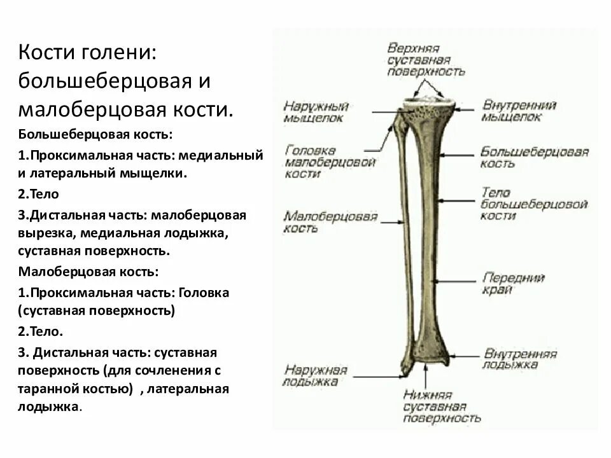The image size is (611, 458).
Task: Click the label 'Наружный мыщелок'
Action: pos(316,112)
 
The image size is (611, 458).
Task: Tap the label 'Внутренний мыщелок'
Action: pos(519,111)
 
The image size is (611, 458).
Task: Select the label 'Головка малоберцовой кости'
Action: pos(330,162)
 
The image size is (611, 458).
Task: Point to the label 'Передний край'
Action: pos(513,284)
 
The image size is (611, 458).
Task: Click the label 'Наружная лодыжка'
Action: pos(315,375)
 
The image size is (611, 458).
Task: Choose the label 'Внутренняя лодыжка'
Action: pos(520,359)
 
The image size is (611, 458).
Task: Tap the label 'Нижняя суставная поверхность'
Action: pos(442,406)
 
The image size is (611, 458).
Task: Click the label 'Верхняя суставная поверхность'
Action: pos(426,60)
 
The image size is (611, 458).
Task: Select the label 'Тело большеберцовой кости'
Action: pos(534,204)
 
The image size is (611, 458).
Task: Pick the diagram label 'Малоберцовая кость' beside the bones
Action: pos(330,221)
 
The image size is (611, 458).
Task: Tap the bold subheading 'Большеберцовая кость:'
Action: pos(95,134)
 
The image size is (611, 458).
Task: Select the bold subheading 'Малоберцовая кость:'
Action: pos(88,272)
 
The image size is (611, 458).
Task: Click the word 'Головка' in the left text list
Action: pos(204,293)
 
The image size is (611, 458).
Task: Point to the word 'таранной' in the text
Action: pos(48,389)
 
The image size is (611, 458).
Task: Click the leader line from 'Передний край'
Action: pos(455,281)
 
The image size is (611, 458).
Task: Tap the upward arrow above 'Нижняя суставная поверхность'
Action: pos(426,377)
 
